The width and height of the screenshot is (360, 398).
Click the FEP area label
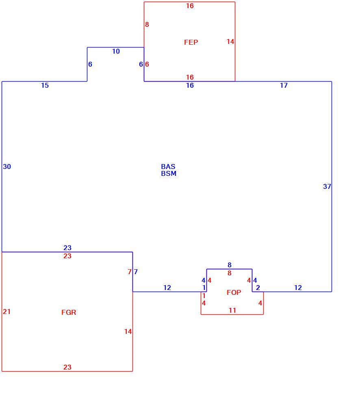pyautogui.click(x=191, y=42)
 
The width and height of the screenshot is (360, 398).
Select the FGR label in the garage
pyautogui.click(x=69, y=312)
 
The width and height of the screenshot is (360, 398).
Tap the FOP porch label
pyautogui.click(x=234, y=292)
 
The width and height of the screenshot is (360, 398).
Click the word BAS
pyautogui.click(x=168, y=167)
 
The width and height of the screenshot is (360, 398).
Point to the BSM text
pyautogui.click(x=169, y=173)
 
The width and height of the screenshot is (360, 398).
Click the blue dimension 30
pyautogui.click(x=7, y=167)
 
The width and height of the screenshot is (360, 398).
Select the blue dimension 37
pyautogui.click(x=327, y=186)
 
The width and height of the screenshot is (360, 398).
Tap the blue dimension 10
pyautogui.click(x=116, y=51)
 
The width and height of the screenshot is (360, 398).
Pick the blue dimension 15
pyautogui.click(x=45, y=85)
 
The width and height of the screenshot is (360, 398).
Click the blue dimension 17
pyautogui.click(x=284, y=85)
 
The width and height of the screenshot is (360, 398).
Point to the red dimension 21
pyautogui.click(x=7, y=311)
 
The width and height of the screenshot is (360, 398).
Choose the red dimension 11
pyautogui.click(x=232, y=310)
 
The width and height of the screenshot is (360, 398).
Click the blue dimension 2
pyautogui.click(x=258, y=288)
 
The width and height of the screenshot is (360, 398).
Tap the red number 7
pyautogui.click(x=130, y=272)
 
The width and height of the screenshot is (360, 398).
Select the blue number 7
pyautogui.click(x=136, y=272)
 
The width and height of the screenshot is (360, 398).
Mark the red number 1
pyautogui.click(x=204, y=296)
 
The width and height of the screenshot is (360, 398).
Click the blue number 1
pyautogui.click(x=204, y=288)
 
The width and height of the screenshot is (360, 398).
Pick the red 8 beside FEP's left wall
pyautogui.click(x=147, y=24)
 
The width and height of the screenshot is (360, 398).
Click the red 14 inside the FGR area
pyautogui.click(x=128, y=331)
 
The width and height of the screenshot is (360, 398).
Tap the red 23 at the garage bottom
pyautogui.click(x=67, y=367)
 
